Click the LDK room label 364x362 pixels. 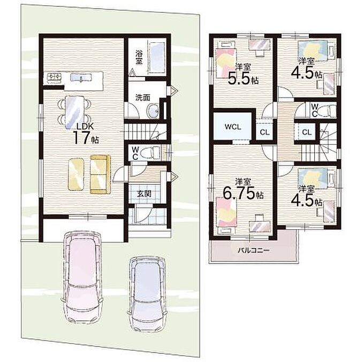coord(85,127)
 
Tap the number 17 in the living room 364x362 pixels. coord(81,137)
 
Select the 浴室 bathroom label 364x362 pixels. coord(139,58)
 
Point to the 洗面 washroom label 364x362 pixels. coord(142,98)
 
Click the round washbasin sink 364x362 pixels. coord(153,111)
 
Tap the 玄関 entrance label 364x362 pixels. coord(144,194)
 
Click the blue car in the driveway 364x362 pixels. coord(147,294)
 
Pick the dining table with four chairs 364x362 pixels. coord(73,112)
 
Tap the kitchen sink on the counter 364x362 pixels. coord(81,78)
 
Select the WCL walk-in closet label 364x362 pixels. coord(233,127)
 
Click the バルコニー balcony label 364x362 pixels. coord(253,250)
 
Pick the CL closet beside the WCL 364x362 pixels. coord(265,133)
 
